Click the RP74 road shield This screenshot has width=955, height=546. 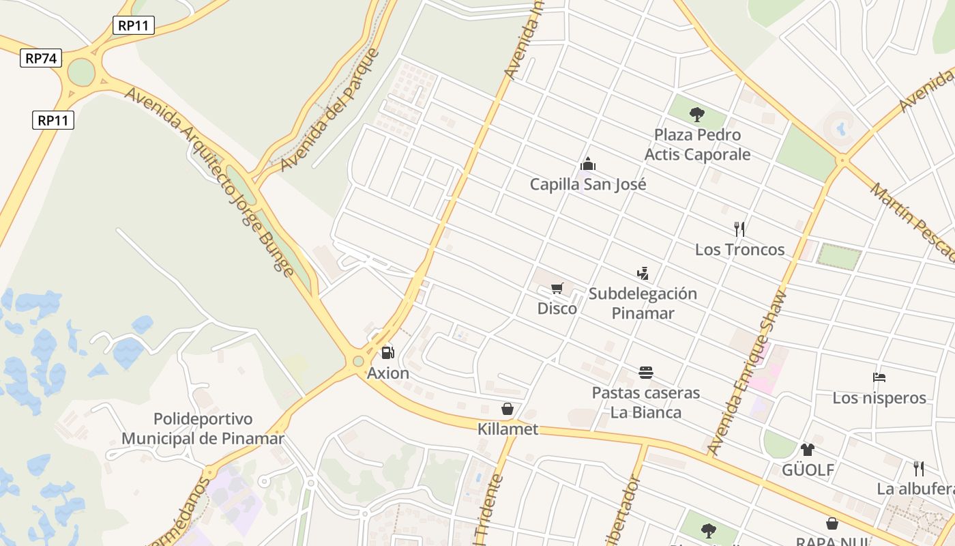click(x=41, y=58)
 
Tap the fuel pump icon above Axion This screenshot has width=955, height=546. click(x=387, y=353)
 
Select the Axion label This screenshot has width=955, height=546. click(x=388, y=373)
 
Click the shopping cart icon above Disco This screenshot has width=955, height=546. click(x=557, y=288)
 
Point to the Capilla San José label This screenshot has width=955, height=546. click(x=588, y=184)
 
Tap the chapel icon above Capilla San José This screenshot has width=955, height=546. click(x=587, y=164)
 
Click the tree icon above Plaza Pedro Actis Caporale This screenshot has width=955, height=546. click(x=696, y=114)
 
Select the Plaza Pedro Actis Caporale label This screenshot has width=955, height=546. click(x=697, y=145)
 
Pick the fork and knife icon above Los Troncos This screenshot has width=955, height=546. click(x=739, y=229)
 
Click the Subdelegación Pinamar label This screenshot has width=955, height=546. click(x=643, y=303)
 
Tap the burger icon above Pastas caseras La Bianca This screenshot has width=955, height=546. click(x=646, y=372)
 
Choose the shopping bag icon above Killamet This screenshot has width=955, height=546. click(x=508, y=409)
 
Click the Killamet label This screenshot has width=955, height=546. click(x=508, y=429)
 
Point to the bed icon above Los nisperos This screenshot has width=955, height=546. click(x=879, y=377)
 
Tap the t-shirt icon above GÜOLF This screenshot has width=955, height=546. click(x=808, y=449)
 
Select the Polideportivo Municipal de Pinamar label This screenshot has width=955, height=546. click(x=203, y=429)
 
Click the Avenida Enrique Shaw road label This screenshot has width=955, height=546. click(x=748, y=373)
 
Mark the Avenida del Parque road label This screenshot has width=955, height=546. click(x=330, y=109)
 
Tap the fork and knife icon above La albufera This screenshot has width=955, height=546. click(x=919, y=468)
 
